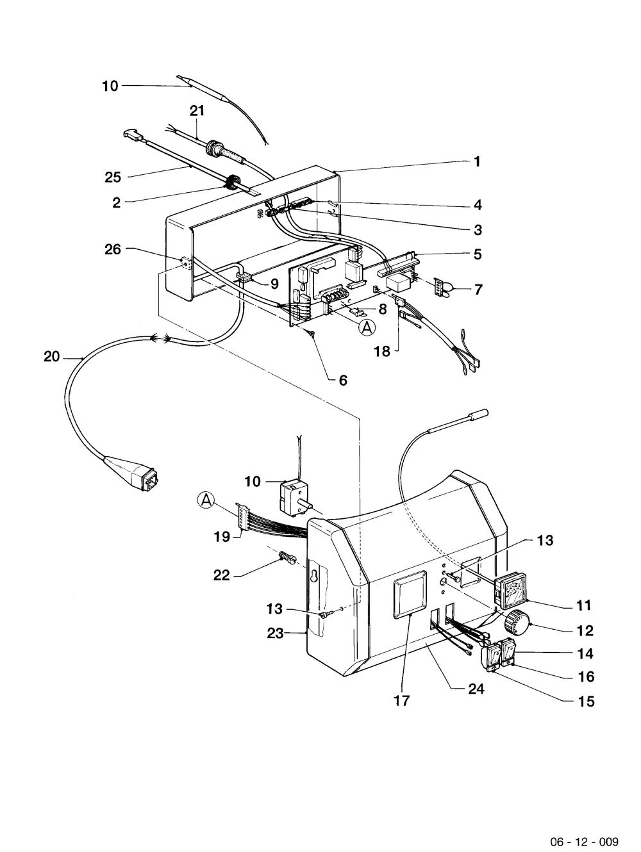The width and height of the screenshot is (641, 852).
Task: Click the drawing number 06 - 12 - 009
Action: (585, 839)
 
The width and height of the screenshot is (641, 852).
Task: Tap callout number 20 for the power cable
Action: (52, 356)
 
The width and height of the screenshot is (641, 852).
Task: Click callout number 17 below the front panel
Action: (401, 701)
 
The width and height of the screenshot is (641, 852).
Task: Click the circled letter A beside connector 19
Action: (206, 500)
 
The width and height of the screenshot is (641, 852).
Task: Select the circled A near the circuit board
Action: (367, 327)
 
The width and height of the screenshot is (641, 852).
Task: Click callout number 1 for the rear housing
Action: (478, 161)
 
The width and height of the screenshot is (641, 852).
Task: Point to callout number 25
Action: (113, 177)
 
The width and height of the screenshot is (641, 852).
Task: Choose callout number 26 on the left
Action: (113, 249)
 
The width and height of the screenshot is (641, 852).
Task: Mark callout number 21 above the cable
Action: (197, 111)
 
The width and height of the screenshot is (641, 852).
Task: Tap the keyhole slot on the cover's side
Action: (313, 577)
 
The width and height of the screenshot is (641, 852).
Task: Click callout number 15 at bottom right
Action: (587, 701)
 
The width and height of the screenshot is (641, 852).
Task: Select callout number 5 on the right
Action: (478, 254)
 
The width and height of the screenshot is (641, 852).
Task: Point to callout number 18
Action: (381, 351)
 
